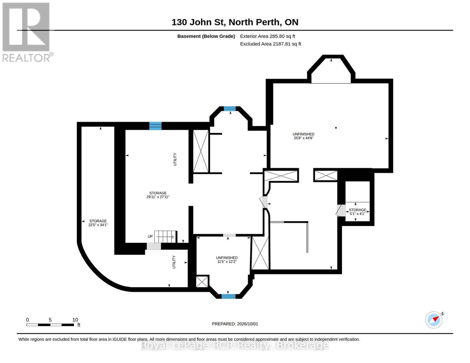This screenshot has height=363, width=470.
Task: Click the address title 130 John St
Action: (x=198, y=22)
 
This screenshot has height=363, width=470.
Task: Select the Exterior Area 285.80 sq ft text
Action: (x=267, y=36)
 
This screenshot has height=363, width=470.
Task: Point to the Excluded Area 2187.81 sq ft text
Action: (x=270, y=44)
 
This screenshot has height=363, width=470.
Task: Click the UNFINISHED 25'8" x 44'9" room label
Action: (x=303, y=136)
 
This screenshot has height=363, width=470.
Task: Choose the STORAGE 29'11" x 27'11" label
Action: (x=158, y=195)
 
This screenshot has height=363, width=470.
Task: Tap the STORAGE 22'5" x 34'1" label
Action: (x=98, y=223)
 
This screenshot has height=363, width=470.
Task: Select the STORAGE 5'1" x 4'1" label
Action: (x=357, y=212)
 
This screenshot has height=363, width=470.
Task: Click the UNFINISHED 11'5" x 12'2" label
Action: (x=227, y=260)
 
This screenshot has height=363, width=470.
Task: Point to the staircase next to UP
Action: (x=166, y=237)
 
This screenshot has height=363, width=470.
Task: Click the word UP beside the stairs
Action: (x=150, y=236)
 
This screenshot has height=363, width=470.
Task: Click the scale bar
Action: (x=50, y=325)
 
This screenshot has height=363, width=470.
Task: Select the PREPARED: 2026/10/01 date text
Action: (x=235, y=324)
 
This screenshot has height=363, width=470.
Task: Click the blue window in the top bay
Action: (x=229, y=109)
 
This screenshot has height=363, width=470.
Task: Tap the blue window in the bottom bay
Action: (x=228, y=296)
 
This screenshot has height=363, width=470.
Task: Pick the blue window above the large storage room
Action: (x=155, y=126)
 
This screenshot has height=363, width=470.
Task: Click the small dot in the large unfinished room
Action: (x=336, y=128)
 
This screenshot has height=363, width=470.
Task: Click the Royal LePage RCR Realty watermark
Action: (x=235, y=345)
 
